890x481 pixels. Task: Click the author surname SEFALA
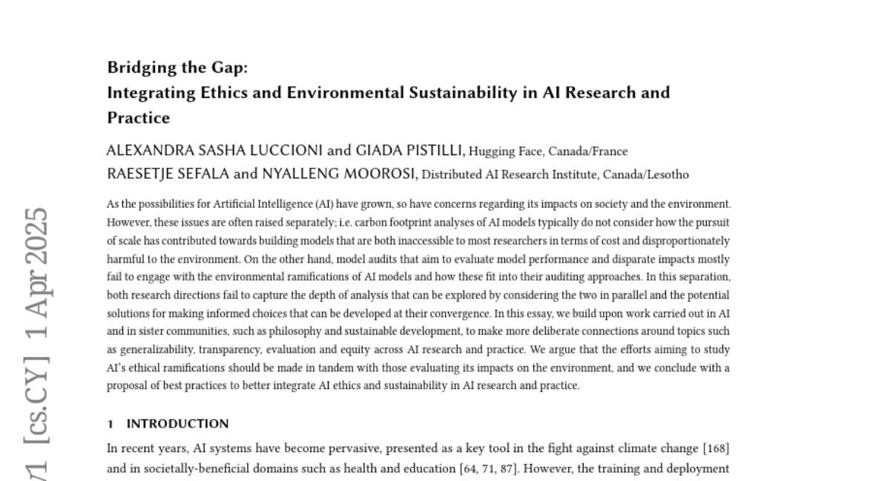205,175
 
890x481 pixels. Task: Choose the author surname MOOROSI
366,175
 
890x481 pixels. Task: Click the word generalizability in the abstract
155,350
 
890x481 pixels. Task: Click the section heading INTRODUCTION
177,424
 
